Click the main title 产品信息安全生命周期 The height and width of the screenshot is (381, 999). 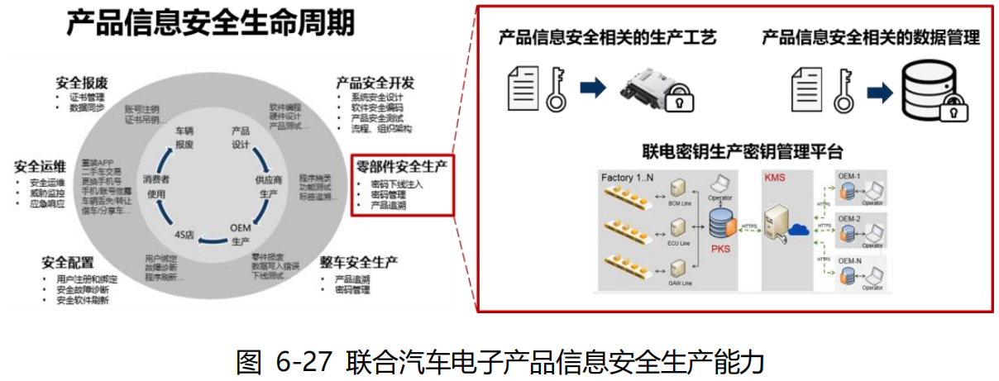point(210,22)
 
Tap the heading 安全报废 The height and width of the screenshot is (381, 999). point(82,83)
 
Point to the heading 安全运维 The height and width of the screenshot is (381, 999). point(41,166)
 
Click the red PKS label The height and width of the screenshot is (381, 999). point(719,245)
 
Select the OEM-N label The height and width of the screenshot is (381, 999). point(851,261)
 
